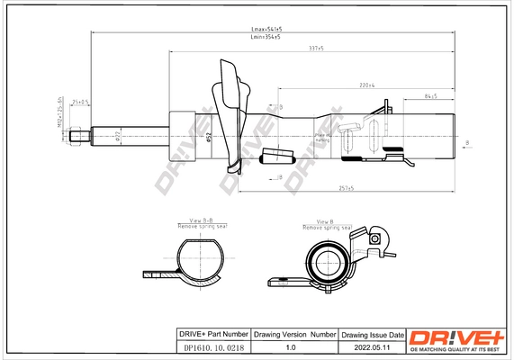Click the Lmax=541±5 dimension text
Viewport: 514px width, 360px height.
click(265, 30)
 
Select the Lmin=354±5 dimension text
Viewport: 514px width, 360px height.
click(265, 38)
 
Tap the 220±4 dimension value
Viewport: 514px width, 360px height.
click(367, 86)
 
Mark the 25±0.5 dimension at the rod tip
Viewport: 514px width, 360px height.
click(80, 103)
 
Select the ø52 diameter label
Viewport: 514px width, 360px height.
click(209, 137)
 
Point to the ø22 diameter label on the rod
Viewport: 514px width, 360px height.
click(119, 137)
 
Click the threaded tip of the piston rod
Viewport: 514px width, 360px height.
click(82, 137)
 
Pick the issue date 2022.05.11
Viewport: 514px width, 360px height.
click(372, 346)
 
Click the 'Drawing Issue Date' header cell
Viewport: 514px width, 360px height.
click(372, 334)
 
